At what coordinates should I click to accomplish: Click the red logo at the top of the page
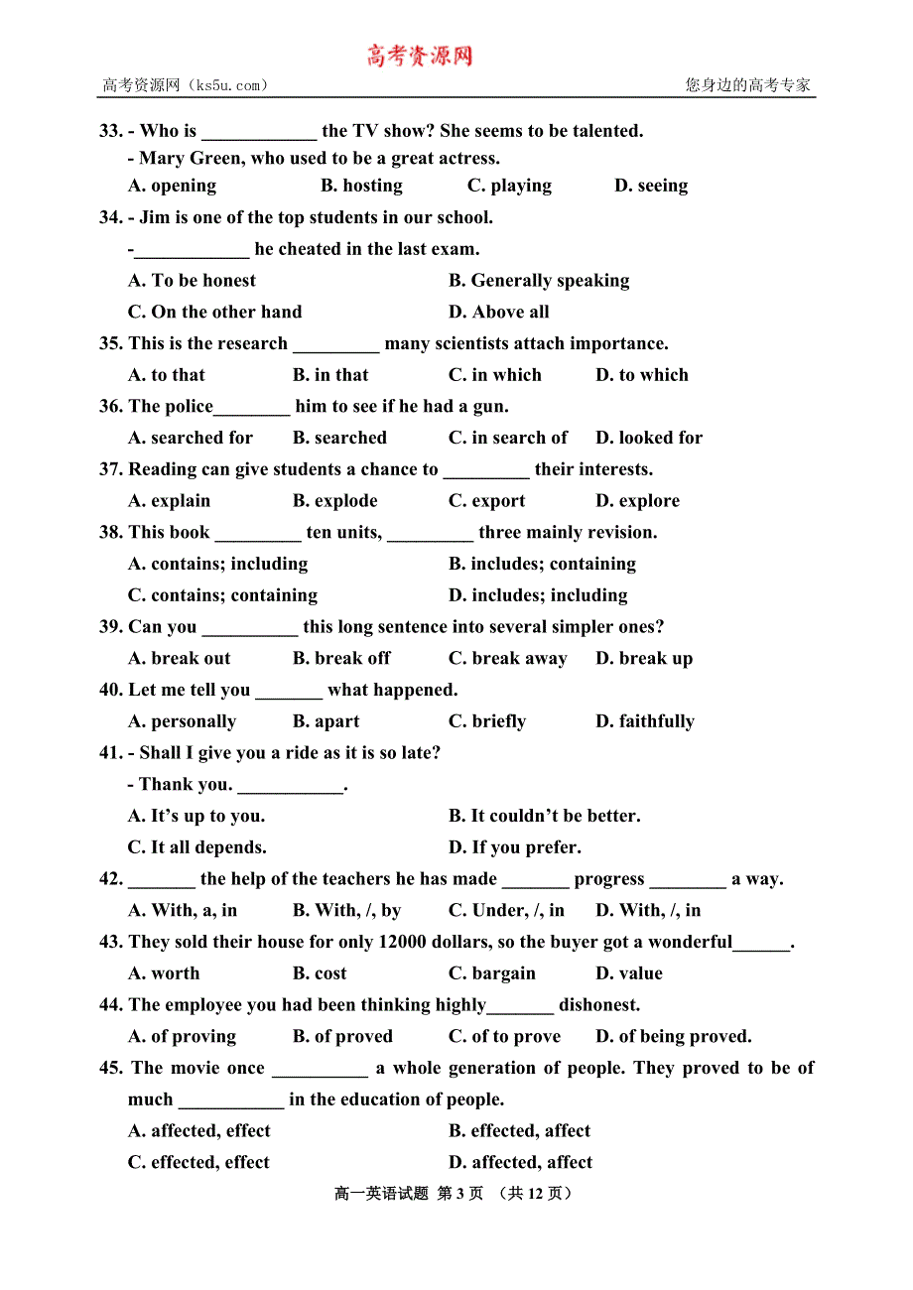[x=420, y=56]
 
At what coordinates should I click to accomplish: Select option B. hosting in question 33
[x=361, y=186]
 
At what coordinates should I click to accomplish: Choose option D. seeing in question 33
[x=651, y=186]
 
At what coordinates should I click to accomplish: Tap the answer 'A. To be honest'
[x=192, y=281]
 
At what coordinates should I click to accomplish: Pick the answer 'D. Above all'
[x=498, y=313]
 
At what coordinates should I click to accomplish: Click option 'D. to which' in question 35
[x=641, y=375]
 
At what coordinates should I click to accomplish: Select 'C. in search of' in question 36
[x=507, y=438]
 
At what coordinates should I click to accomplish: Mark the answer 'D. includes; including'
[x=538, y=595]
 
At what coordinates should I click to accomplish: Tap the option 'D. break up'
[x=644, y=659]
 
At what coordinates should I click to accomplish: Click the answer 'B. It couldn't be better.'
[x=544, y=816]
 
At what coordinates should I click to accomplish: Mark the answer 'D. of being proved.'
[x=673, y=1036]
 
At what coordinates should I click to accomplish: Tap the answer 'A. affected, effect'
[x=198, y=1131]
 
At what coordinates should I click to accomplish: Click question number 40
[x=110, y=690]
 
